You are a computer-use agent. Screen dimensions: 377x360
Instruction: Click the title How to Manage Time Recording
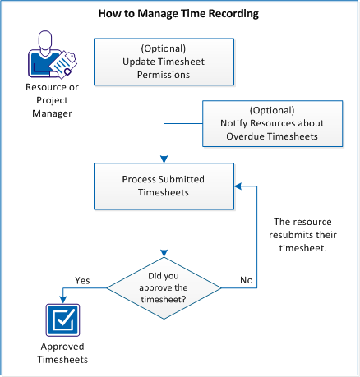pyautogui.click(x=178, y=14)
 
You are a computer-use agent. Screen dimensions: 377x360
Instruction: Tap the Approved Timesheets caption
pyautogui.click(x=62, y=353)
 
